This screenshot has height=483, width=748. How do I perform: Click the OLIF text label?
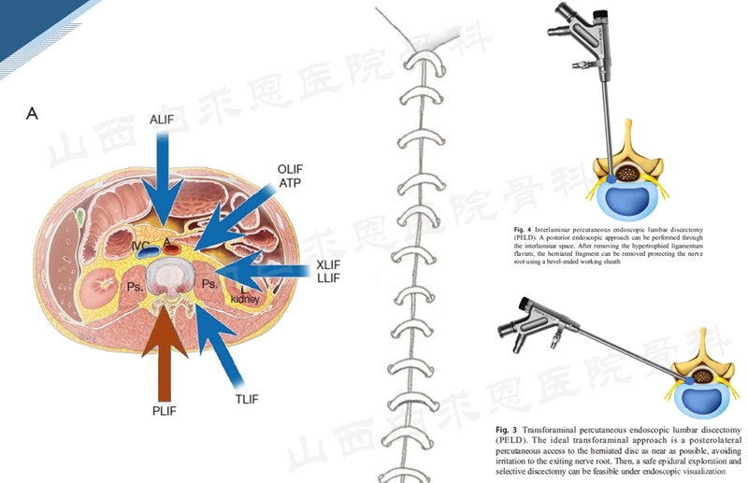coord(291,168)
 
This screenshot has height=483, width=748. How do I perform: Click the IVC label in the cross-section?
coord(140,246)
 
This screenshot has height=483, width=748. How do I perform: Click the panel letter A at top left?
coord(33,114)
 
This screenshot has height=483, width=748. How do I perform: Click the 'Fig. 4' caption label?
coord(525,228)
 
